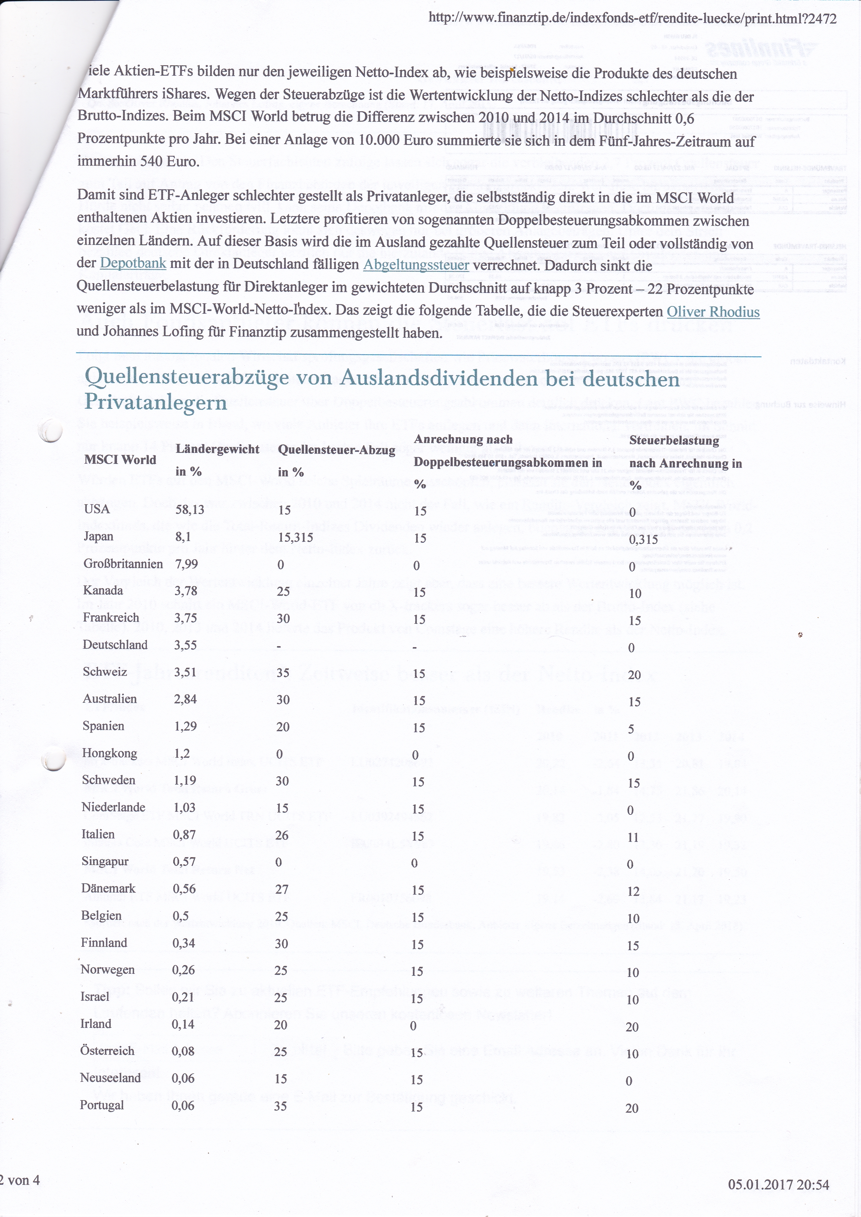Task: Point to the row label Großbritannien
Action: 123,564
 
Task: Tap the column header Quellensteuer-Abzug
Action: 337,450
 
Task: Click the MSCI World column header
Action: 120,459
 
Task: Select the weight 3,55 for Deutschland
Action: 187,644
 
